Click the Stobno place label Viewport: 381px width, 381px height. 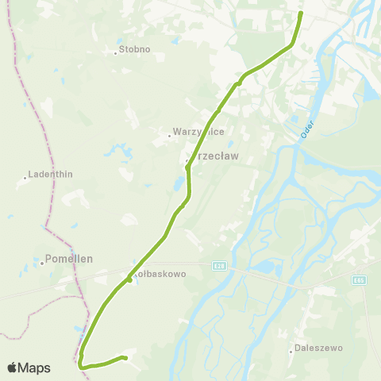(134, 50)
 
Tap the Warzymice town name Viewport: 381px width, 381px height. (193, 133)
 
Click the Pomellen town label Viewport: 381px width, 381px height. (70, 259)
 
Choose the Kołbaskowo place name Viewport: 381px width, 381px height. (161, 273)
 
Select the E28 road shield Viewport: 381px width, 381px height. (219, 267)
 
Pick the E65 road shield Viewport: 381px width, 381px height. (360, 279)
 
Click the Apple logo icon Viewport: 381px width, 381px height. (12, 368)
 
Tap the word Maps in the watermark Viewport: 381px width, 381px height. (34, 368)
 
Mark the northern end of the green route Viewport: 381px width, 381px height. (301, 13)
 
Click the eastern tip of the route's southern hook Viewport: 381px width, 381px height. (126, 359)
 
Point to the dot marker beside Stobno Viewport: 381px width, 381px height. (115, 54)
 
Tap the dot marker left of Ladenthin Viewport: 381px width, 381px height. (25, 178)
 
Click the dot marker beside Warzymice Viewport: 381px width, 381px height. (168, 136)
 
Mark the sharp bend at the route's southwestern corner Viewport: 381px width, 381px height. (81, 364)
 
